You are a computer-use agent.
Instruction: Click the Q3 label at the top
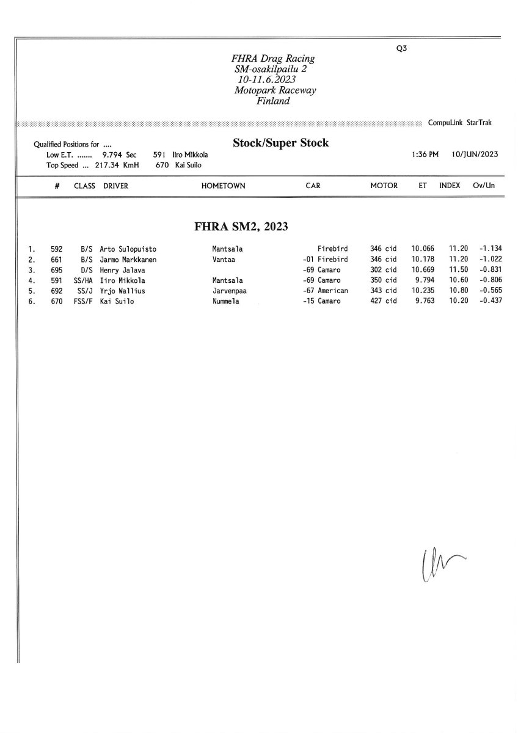point(401,49)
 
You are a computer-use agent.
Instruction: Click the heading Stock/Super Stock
point(280,143)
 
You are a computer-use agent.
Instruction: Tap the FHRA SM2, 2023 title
point(241,227)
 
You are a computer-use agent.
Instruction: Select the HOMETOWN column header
point(223,186)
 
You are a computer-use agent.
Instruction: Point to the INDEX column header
point(450,186)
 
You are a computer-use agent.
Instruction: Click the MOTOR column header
point(384,186)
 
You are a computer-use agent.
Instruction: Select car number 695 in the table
point(56,270)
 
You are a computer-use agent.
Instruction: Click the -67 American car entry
point(325,291)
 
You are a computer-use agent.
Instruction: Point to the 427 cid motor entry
point(384,302)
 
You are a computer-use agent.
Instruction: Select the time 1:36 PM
point(425,154)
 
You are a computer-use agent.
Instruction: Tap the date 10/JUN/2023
point(475,154)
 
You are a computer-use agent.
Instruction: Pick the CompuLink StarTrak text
point(460,123)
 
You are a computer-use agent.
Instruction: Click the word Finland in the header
point(273,101)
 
